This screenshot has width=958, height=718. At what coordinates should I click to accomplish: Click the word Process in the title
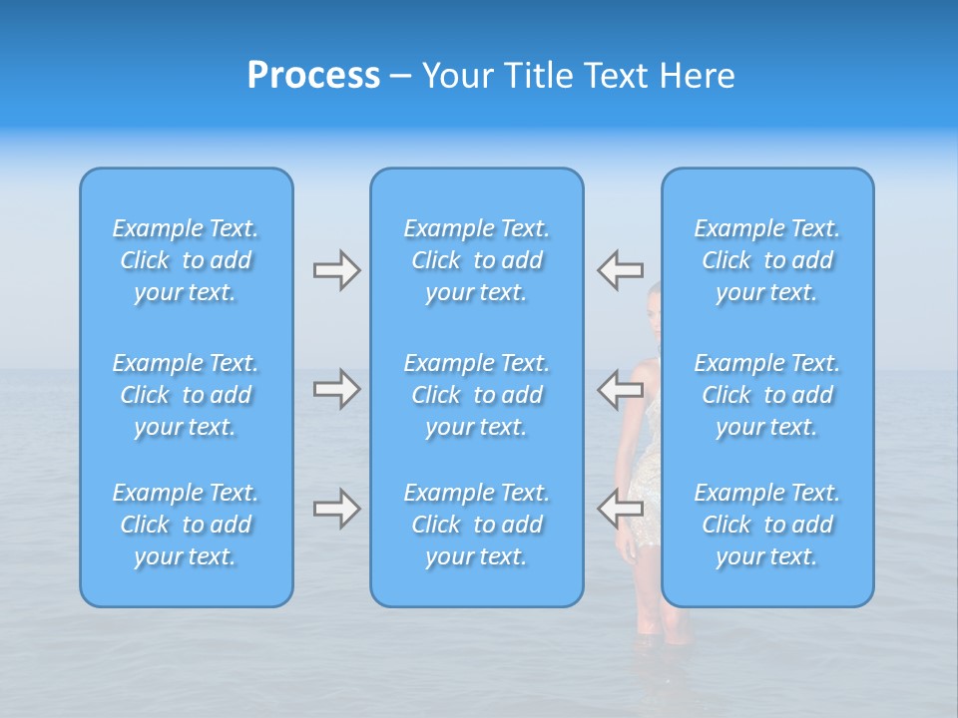[x=313, y=76]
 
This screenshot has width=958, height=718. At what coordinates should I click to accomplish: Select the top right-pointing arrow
[x=336, y=270]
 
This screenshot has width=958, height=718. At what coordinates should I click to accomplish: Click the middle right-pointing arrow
[x=336, y=389]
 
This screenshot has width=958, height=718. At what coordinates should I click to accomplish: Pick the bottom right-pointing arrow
[x=336, y=509]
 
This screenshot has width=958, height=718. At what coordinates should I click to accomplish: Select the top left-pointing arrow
[x=620, y=269]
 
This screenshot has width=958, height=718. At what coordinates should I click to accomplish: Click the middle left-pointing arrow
[x=620, y=389]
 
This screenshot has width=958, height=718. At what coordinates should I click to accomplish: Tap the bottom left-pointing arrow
[x=620, y=509]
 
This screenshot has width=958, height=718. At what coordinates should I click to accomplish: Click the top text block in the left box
[x=186, y=260]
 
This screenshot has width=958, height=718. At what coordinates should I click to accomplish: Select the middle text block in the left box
[x=186, y=395]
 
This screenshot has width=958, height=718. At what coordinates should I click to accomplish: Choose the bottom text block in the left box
[x=186, y=525]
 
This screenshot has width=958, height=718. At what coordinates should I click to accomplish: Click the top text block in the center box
[x=477, y=260]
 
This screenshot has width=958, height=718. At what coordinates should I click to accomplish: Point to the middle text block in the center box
[x=477, y=395]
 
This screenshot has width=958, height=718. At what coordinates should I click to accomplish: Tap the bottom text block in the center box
[x=477, y=525]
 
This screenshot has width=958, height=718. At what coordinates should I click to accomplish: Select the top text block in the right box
[x=767, y=260]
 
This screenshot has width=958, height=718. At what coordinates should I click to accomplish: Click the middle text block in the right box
[x=767, y=395]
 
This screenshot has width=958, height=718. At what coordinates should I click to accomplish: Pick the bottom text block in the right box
[x=767, y=525]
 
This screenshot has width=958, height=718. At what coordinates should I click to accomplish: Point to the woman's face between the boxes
[x=654, y=299]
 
